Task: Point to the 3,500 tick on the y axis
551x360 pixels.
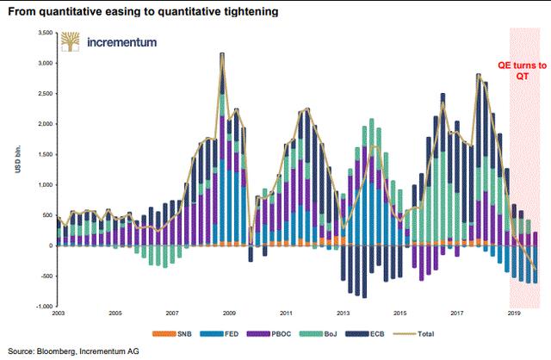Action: (x=41, y=32)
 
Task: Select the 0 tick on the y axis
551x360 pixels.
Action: (x=50, y=245)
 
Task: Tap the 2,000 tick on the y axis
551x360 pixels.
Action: (x=41, y=123)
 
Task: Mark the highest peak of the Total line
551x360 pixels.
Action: (x=222, y=53)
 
